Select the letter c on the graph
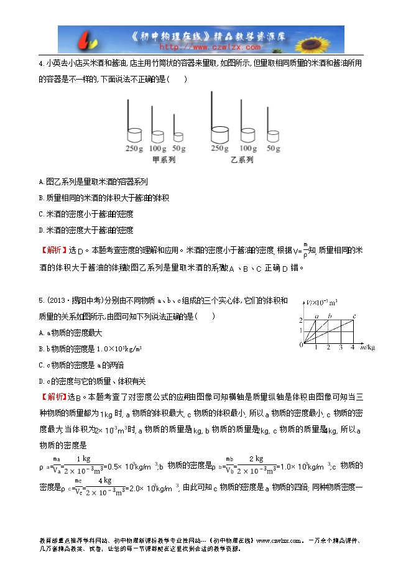(354, 316)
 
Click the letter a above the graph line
(316, 316)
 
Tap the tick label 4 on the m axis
(352, 347)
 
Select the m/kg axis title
(367, 347)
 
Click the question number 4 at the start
(40, 63)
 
